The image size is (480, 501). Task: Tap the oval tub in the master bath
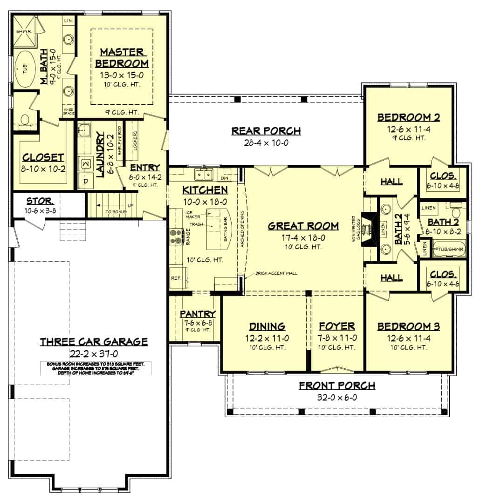pos(22,70)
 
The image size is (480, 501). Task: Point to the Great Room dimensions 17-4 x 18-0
pos(303,237)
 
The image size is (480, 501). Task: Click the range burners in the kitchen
pos(177,236)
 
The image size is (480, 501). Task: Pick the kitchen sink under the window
pos(204,175)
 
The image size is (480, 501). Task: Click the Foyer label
pos(337,326)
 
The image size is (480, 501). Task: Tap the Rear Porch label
pos(266,131)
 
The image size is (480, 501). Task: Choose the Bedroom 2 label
pos(408,117)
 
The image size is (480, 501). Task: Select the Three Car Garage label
pos(94,342)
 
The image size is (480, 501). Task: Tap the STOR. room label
pos(39,202)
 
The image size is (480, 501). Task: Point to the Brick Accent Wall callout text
pos(276,273)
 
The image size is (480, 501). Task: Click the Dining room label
pos(267,326)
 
